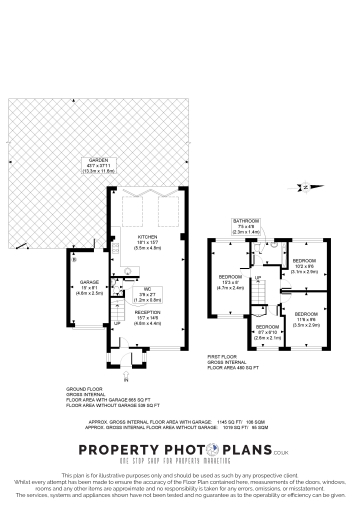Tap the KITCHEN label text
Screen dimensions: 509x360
coord(148,236)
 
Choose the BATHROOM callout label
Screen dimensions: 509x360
coord(245,220)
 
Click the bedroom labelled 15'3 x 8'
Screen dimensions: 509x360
coord(231,276)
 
